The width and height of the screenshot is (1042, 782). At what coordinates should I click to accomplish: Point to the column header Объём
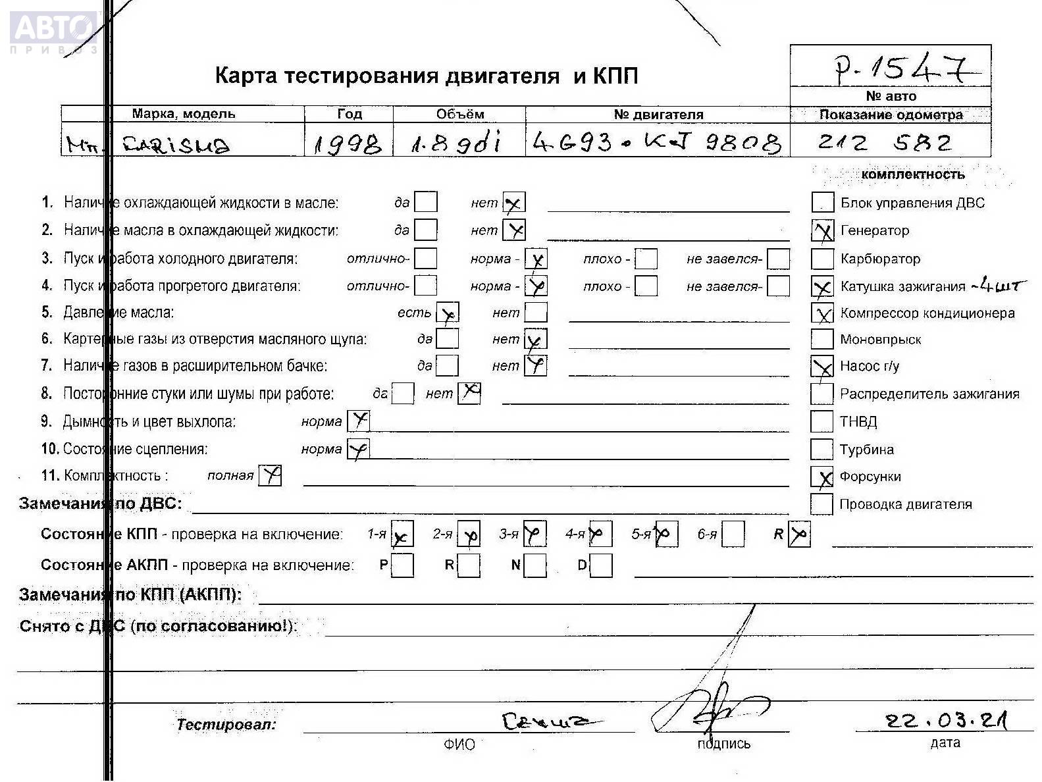point(459,114)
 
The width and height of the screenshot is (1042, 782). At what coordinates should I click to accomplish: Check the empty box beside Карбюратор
point(822,259)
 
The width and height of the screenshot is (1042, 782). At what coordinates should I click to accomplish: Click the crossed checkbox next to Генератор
point(823,230)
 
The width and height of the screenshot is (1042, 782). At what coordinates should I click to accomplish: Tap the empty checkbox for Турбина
point(821,449)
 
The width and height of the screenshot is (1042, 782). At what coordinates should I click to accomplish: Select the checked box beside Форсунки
point(822,477)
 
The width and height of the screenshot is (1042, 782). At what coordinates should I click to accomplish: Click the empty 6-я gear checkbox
point(733,534)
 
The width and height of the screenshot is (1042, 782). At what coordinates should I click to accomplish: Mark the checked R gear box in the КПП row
point(799,534)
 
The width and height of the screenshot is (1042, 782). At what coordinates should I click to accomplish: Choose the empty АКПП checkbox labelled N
point(535,565)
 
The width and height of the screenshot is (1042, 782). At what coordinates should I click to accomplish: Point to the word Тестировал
point(226,725)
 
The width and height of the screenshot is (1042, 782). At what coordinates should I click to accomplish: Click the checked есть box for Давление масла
point(448,313)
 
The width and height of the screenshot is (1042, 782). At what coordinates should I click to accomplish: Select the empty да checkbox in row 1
point(426,202)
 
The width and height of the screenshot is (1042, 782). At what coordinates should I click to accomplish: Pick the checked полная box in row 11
point(270,475)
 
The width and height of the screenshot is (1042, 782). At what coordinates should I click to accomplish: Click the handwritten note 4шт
point(999,285)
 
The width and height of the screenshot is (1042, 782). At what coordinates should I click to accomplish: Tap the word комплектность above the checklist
point(912,174)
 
